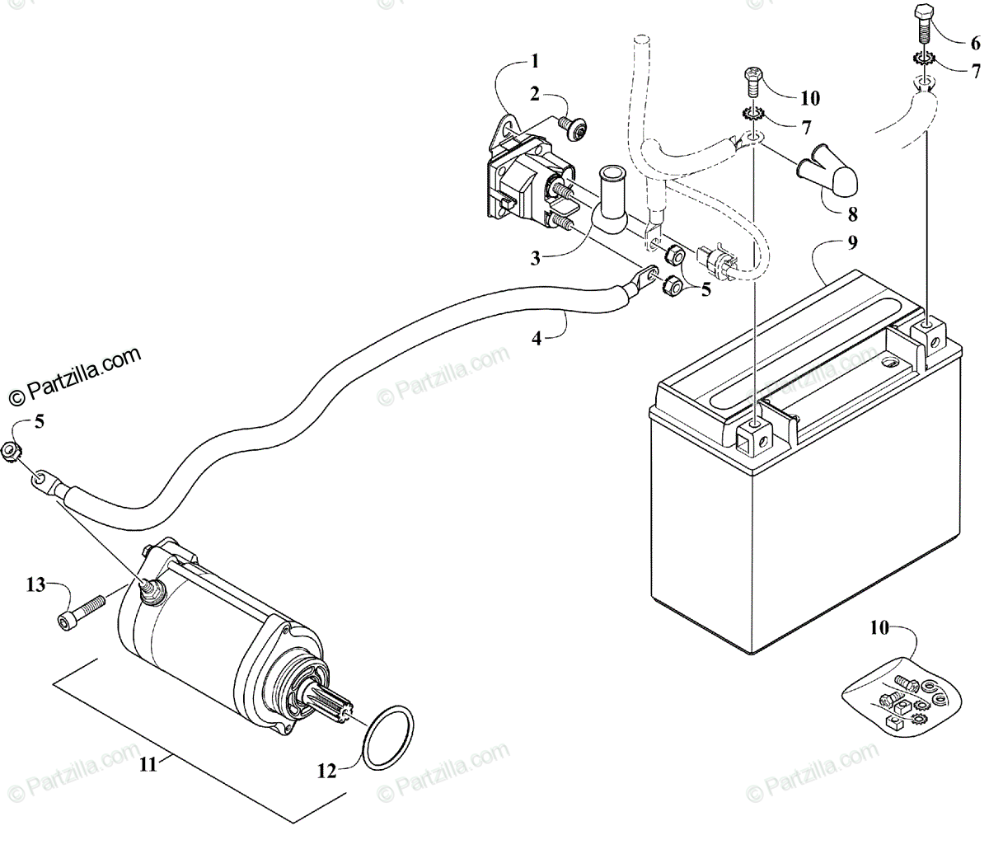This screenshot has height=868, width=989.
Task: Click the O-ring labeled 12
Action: (x=388, y=738)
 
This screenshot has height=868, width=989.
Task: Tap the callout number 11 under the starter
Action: (x=148, y=764)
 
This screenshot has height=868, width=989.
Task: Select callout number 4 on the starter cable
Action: (x=537, y=337)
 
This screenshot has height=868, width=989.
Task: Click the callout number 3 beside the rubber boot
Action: (x=536, y=258)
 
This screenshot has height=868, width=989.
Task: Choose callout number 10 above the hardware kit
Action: (x=879, y=627)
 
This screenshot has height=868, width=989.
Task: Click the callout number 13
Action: (x=35, y=584)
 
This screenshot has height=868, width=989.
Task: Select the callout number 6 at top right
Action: (x=976, y=42)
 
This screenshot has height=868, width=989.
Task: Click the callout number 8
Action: (x=851, y=214)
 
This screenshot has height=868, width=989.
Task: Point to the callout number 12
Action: (x=326, y=771)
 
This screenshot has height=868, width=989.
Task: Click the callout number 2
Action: (x=535, y=94)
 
